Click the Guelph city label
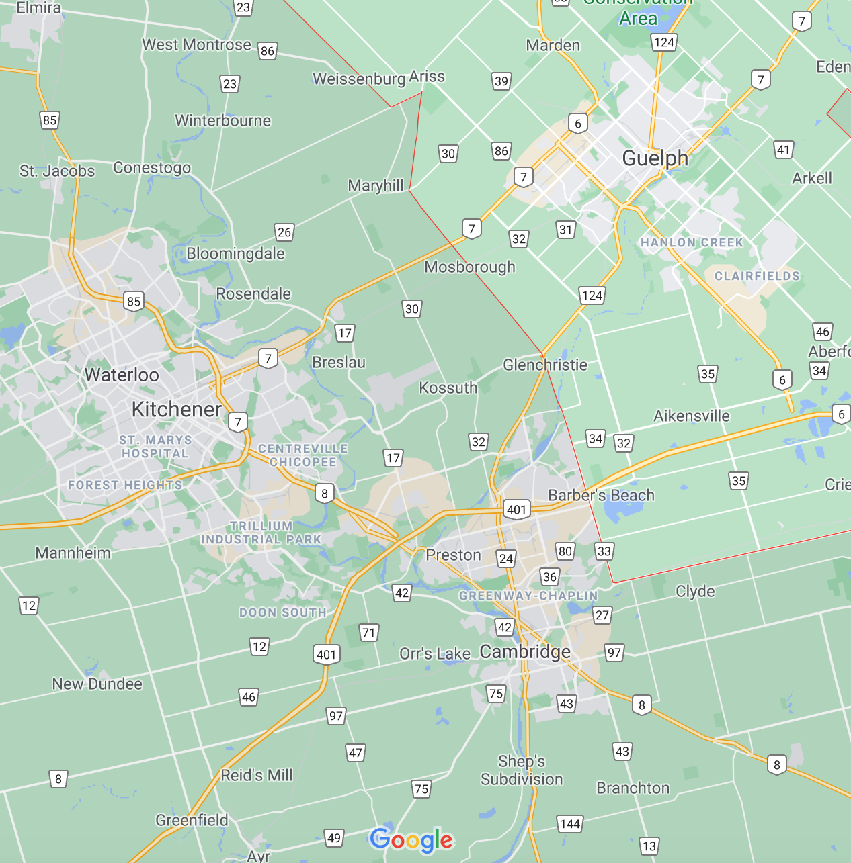pos(655,158)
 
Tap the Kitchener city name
pos(177,409)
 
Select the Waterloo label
pos(122,375)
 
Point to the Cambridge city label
pos(525,651)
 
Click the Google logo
pos(411,839)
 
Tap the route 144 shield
pos(570,823)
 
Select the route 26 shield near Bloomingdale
pos(284,232)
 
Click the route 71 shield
pos(368,632)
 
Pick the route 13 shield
pos(649,846)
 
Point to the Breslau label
pos(339,362)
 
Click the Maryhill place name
pos(376,185)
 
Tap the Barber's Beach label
pos(601,495)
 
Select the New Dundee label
pos(97,684)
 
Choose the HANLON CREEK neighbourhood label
pos(692,242)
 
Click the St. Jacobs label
pos(57,171)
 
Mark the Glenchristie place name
pos(545,365)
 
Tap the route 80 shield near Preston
pos(565,551)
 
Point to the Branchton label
pos(633,788)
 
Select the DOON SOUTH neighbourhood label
pos(283,612)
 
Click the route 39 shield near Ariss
pos(501,81)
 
